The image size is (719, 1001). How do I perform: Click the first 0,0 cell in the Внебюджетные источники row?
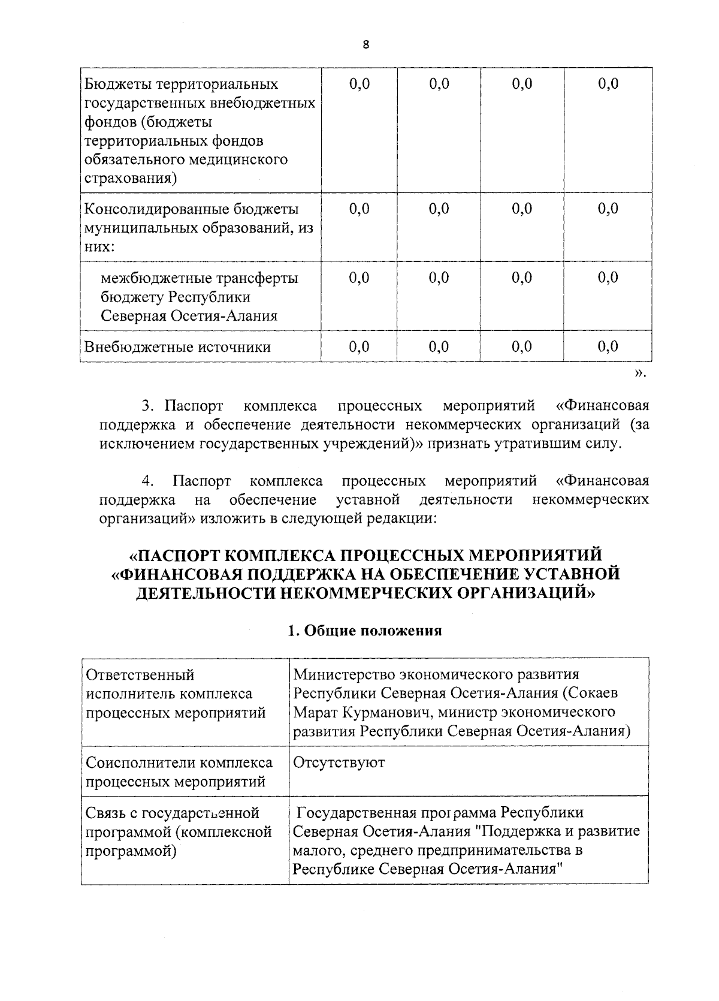click(x=359, y=346)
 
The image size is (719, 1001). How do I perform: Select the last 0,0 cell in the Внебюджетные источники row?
click(x=608, y=346)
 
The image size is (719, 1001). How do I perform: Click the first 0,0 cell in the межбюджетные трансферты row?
click(x=359, y=278)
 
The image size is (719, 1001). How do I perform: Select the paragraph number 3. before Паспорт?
click(x=149, y=406)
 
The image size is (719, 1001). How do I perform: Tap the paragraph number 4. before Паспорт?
click(x=149, y=481)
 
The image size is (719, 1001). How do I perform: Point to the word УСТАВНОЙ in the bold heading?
click(x=572, y=574)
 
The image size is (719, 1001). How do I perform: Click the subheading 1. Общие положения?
click(x=365, y=631)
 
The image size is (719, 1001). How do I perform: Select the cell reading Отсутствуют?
click(x=339, y=762)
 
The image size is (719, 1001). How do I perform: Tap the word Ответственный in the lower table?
click(x=140, y=674)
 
